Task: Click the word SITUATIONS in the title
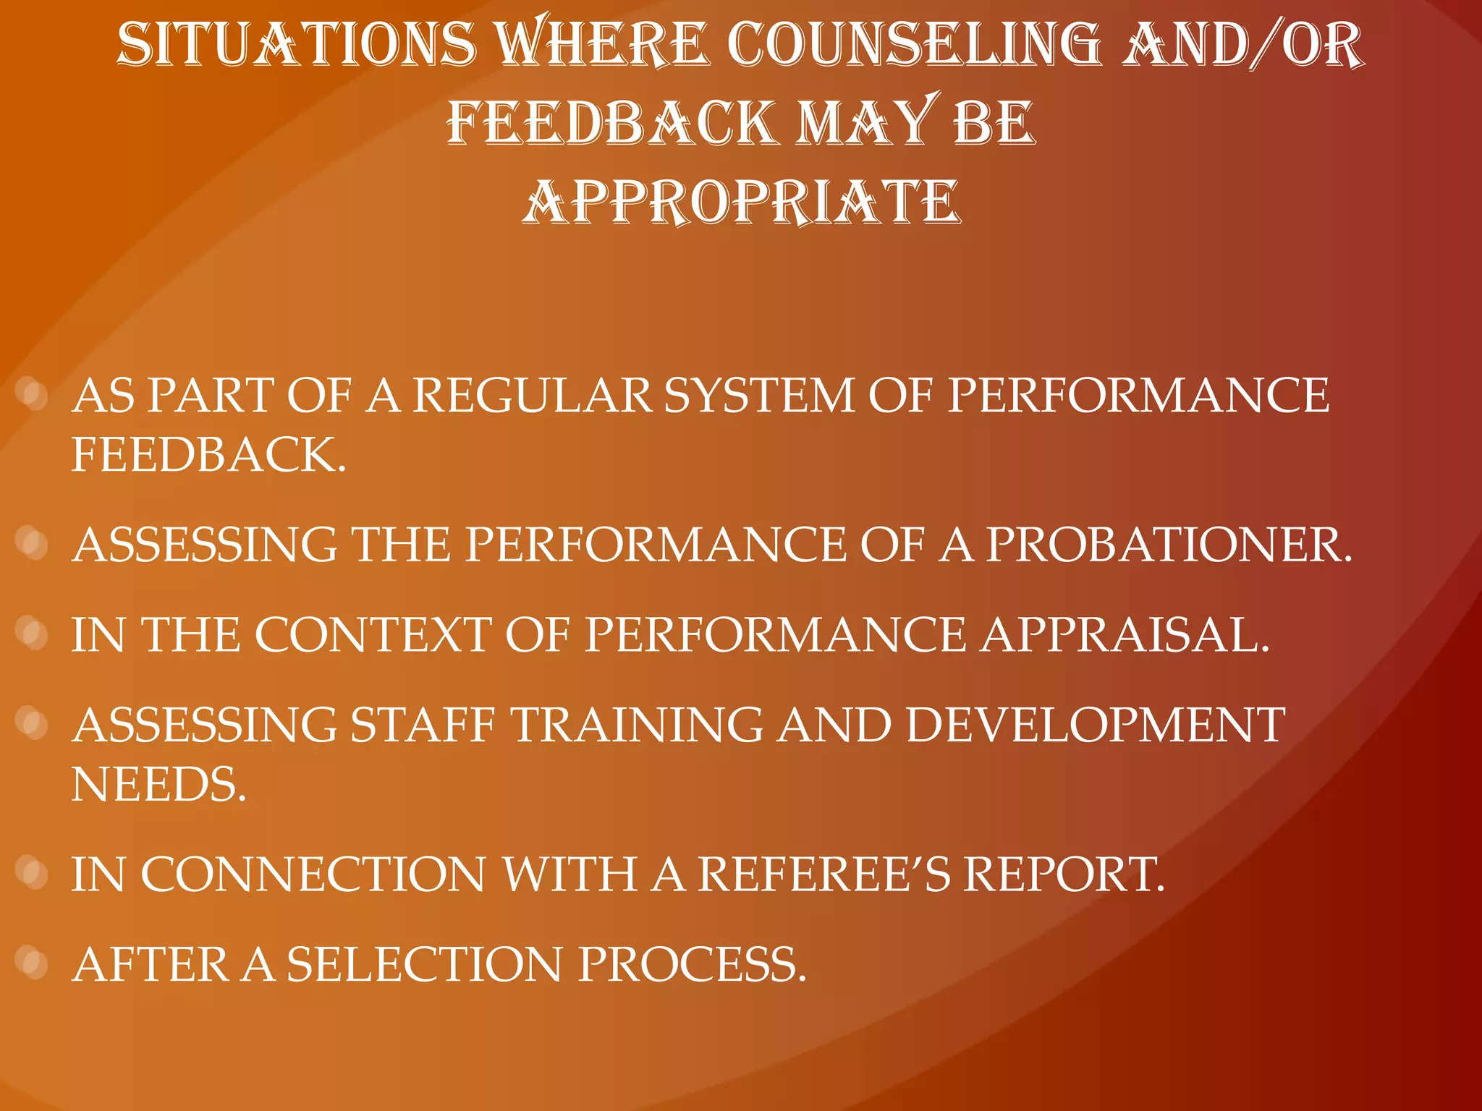point(297,45)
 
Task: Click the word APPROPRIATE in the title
point(741,203)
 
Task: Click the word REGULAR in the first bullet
point(533,396)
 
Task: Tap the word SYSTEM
point(759,396)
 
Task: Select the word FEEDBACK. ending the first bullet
point(208,456)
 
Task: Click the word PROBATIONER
point(1168,545)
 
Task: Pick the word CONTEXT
point(373,636)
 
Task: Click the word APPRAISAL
point(1125,636)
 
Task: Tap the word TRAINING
point(637,725)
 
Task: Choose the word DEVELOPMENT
point(1095,725)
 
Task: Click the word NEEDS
point(158,786)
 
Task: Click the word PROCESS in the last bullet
point(691,965)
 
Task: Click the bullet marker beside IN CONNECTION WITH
point(31,873)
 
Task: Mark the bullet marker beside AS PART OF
point(31,394)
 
